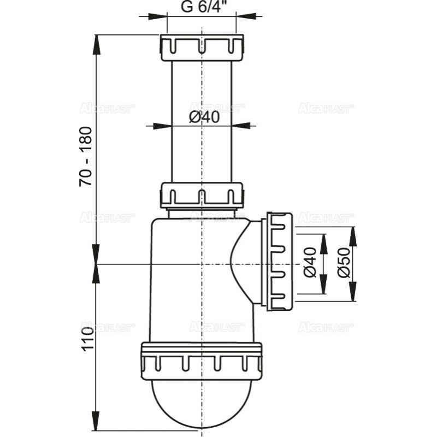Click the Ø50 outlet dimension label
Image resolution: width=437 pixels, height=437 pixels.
tap(343, 264)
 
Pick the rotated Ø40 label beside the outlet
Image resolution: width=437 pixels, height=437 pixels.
tap(310, 264)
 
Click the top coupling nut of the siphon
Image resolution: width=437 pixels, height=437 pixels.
tap(202, 47)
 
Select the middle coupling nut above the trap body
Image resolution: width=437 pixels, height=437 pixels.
tap(202, 196)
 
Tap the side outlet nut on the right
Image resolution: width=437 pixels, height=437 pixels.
tap(279, 262)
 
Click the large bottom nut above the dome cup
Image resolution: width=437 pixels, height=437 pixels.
tap(202, 361)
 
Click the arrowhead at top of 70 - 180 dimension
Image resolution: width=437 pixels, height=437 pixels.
tap(96, 43)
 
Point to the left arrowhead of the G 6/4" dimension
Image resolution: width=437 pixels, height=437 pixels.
tap(158, 16)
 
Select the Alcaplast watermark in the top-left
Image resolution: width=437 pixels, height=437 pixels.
tap(107, 108)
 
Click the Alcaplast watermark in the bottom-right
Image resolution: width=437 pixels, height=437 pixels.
tap(326, 327)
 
